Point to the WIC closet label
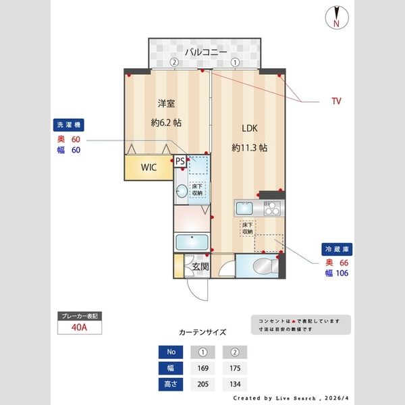pos(149,167)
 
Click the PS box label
pos(180,161)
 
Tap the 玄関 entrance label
pos(200,267)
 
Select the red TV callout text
pos(335,101)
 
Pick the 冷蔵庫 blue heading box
pos(335,249)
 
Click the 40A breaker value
pos(80,328)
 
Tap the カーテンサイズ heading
pos(202,333)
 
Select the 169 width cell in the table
pos(202,369)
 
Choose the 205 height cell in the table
pos(202,385)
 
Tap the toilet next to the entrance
pos(261,267)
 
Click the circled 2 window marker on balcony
pos(174,62)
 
